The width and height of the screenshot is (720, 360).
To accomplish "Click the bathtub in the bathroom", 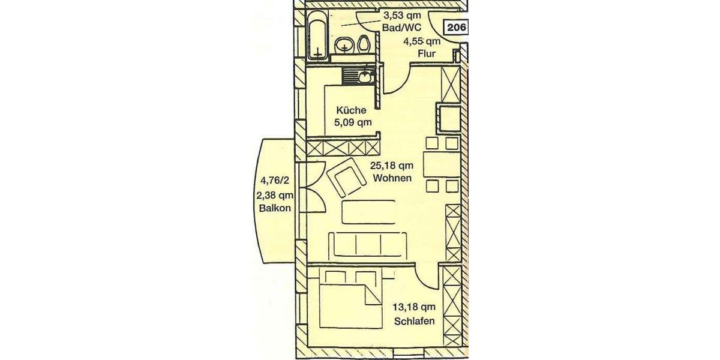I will pyautogui.click(x=316, y=34).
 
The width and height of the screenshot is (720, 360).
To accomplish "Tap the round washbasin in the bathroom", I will pyautogui.click(x=344, y=45).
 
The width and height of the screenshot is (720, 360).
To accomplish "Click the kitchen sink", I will pyautogui.click(x=365, y=76).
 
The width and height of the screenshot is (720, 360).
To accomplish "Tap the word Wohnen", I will pyautogui.click(x=391, y=178).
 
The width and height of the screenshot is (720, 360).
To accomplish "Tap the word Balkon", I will pyautogui.click(x=276, y=209).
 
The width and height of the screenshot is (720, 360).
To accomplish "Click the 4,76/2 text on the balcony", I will pyautogui.click(x=275, y=179).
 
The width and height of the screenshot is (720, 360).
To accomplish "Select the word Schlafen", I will pyautogui.click(x=415, y=321).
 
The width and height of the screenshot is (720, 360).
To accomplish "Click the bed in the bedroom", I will pyautogui.click(x=350, y=300).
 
